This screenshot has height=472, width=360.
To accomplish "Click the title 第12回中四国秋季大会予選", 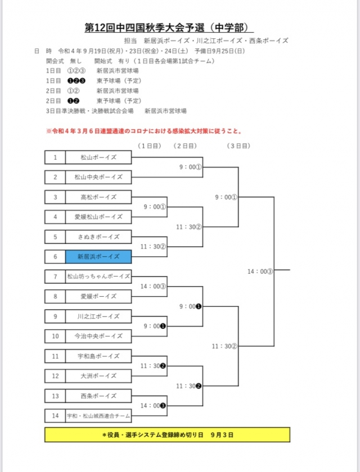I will tap(168, 28).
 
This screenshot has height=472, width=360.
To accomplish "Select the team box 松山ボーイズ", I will tap(98, 157).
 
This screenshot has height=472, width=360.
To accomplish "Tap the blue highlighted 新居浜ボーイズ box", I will tap(98, 257).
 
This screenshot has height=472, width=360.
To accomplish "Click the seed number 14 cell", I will tap(55, 416).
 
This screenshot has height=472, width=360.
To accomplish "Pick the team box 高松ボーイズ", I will tap(98, 197).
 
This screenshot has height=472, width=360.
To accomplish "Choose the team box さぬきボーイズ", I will tap(98, 237).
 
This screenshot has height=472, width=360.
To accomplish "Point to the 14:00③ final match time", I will tap(260, 271).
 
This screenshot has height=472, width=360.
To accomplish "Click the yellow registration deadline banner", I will tap(168, 435).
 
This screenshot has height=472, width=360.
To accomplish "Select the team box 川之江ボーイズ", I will tap(98, 316).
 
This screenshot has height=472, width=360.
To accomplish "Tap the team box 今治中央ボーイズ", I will tap(98, 336).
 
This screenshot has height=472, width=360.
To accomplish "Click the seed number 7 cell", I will tap(55, 276).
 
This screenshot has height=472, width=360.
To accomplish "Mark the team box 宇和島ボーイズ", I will tap(98, 356).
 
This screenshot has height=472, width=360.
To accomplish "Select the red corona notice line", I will tap(144, 131).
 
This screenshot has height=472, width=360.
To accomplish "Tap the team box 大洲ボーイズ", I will tap(98, 376).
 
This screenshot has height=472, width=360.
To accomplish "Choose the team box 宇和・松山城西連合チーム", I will tap(98, 416).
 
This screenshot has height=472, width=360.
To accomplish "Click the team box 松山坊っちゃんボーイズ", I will tap(98, 276).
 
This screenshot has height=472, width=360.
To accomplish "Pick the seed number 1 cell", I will tap(55, 157).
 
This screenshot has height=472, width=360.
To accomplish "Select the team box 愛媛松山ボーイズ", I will tap(98, 217).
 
